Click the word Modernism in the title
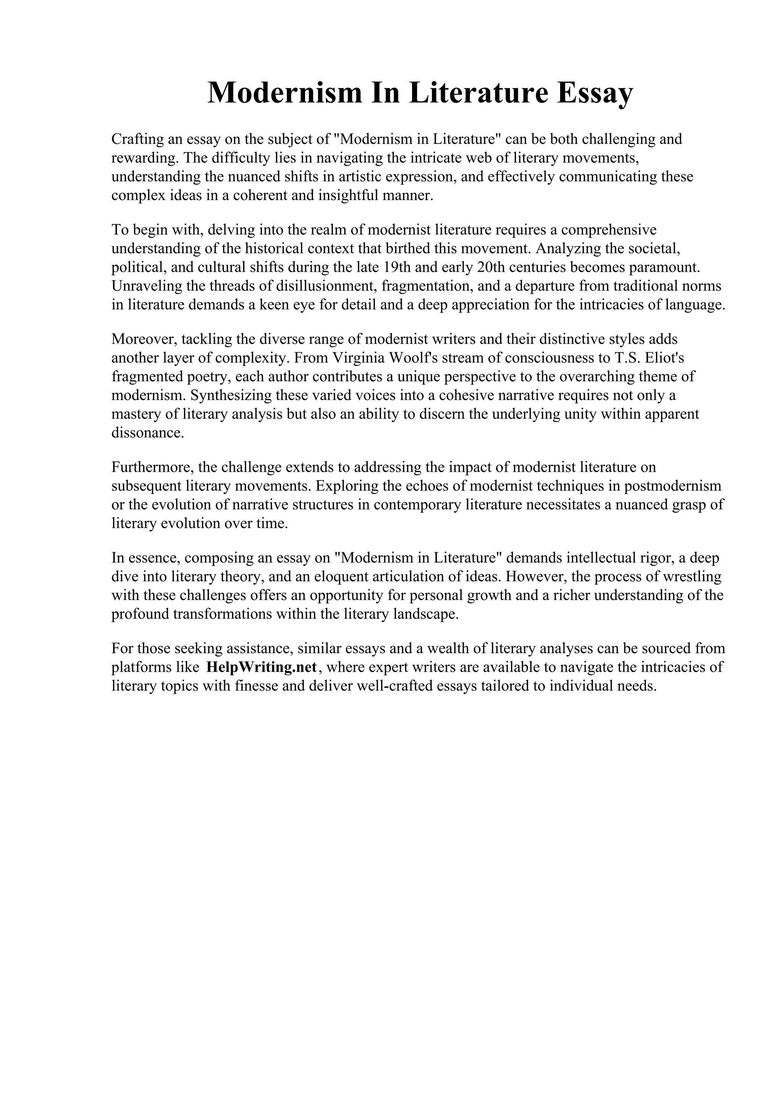pos(284,92)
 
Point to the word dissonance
pos(147,432)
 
